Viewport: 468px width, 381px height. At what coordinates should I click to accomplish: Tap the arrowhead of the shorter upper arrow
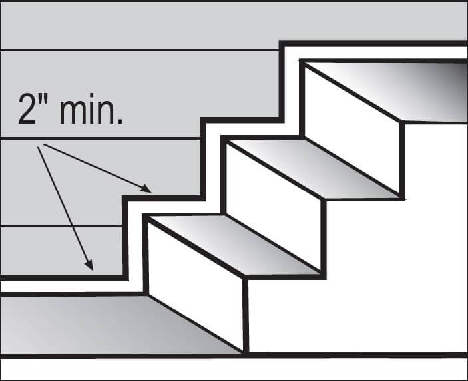tap(147, 190)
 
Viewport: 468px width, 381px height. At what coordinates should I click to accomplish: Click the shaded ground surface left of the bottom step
tap(100, 322)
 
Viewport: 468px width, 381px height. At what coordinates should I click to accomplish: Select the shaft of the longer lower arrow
tap(63, 206)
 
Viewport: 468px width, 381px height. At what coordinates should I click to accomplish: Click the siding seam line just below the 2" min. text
tap(100, 138)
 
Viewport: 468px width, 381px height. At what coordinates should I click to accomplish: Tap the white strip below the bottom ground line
tap(233, 369)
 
